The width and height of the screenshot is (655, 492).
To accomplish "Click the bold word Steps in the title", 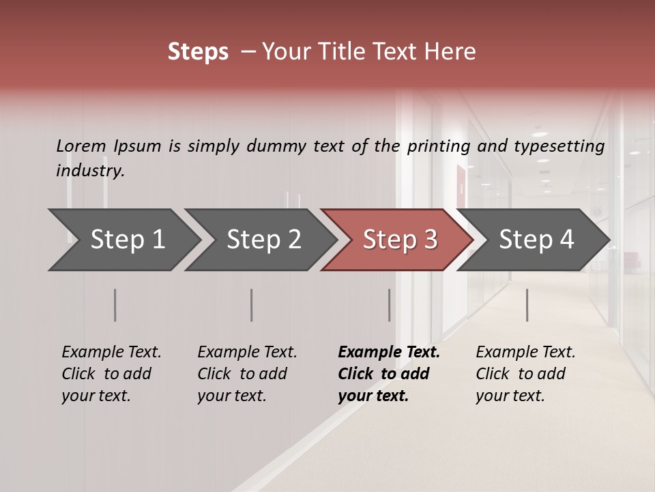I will [198, 52].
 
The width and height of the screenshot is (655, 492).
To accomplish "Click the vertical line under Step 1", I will [115, 305].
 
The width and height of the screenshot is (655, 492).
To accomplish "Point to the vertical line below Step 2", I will [251, 305].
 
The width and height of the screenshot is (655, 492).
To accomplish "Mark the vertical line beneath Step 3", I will [389, 305].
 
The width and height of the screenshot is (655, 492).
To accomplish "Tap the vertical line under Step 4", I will [527, 305].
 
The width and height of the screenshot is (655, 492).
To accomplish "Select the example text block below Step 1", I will [111, 374].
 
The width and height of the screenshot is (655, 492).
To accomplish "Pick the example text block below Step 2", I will [247, 374].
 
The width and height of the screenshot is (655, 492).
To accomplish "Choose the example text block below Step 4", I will [525, 374].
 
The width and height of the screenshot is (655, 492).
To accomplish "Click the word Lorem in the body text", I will [81, 146].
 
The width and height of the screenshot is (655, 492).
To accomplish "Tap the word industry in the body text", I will [90, 171].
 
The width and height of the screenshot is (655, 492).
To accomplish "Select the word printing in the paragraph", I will [439, 146].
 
